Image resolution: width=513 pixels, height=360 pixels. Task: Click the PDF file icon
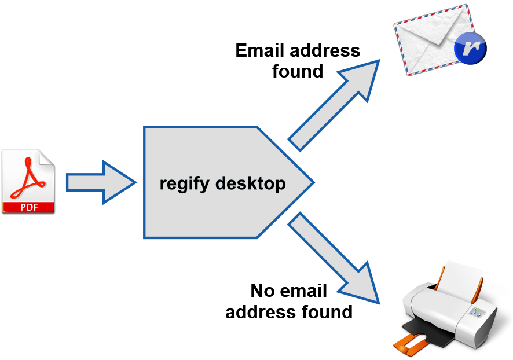(x=28, y=181)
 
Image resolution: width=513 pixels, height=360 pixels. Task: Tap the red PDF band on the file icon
(x=28, y=207)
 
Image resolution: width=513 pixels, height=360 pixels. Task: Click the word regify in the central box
(x=185, y=184)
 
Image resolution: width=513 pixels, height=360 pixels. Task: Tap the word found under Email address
(x=297, y=71)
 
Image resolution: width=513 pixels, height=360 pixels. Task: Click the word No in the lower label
(x=262, y=291)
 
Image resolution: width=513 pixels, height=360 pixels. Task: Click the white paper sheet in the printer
(x=463, y=275)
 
